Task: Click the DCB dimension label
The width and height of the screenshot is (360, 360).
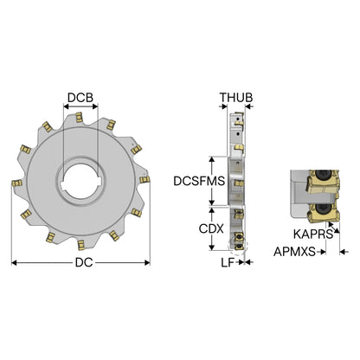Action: point(80,98)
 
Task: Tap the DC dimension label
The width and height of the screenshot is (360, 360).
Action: point(84,262)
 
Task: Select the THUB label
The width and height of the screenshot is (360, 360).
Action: point(236,98)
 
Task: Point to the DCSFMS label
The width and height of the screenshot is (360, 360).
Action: point(199,181)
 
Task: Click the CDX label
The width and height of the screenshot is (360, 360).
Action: point(211,228)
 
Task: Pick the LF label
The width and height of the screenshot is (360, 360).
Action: point(228,262)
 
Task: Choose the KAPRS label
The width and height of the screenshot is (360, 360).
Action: point(313,234)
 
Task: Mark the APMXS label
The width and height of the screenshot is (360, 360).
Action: point(294,252)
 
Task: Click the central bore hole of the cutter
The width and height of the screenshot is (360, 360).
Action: point(80,181)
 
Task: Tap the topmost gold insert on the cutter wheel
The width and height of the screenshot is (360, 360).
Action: point(79,118)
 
